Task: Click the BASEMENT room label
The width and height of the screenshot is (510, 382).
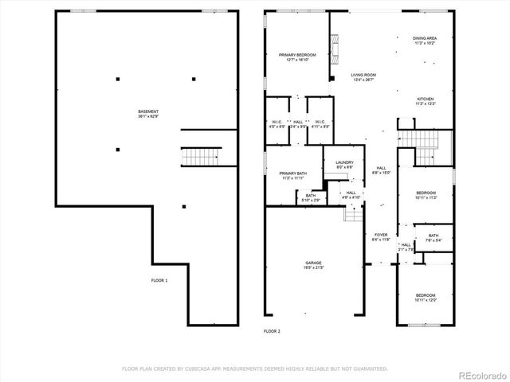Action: [147, 111]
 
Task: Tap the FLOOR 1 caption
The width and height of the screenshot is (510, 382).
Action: [159, 280]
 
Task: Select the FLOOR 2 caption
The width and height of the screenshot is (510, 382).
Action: [272, 330]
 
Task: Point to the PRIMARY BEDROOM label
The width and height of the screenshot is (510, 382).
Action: [297, 55]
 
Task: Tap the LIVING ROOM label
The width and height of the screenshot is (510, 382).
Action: [363, 75]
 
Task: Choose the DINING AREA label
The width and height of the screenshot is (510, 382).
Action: [424, 38]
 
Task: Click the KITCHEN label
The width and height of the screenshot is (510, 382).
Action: [425, 99]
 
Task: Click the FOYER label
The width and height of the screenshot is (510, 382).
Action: [381, 235]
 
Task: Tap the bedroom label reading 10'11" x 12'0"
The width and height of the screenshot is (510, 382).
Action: [426, 300]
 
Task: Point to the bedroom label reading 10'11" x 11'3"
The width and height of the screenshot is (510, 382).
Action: [426, 198]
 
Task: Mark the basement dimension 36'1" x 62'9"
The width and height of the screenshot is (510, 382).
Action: [147, 117]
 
